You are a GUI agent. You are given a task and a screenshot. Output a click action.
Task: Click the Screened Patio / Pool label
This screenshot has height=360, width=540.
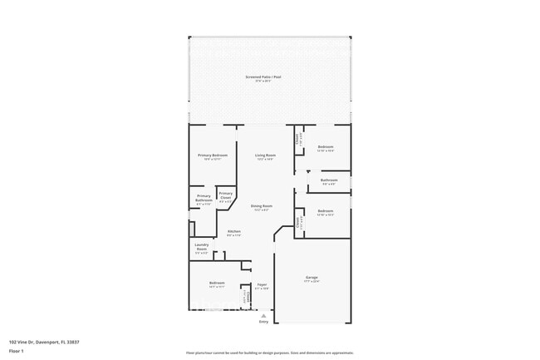pyautogui.click(x=263, y=77)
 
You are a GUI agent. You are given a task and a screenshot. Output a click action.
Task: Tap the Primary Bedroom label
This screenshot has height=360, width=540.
pyautogui.click(x=212, y=155)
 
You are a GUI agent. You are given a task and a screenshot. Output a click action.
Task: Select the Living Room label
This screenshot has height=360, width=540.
pyautogui.click(x=264, y=155)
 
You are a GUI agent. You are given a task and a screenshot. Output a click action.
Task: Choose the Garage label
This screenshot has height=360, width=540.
pyautogui.click(x=312, y=278)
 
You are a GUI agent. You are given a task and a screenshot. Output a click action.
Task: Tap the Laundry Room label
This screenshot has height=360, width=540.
pyautogui.click(x=201, y=245)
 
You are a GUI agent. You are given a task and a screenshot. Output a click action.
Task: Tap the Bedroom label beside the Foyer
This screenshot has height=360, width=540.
pyautogui.click(x=216, y=284)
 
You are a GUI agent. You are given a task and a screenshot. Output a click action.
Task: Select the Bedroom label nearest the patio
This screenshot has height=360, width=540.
pyautogui.click(x=326, y=147)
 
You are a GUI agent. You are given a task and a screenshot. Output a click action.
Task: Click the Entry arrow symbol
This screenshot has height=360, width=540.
pyautogui.click(x=263, y=315)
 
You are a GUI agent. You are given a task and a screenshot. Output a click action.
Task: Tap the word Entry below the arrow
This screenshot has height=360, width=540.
pyautogui.click(x=263, y=322)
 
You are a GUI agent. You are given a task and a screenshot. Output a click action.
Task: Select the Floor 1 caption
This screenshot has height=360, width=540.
pyautogui.click(x=17, y=351)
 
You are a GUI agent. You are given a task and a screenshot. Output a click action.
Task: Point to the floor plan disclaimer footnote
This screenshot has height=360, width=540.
pyautogui.click(x=270, y=353)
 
